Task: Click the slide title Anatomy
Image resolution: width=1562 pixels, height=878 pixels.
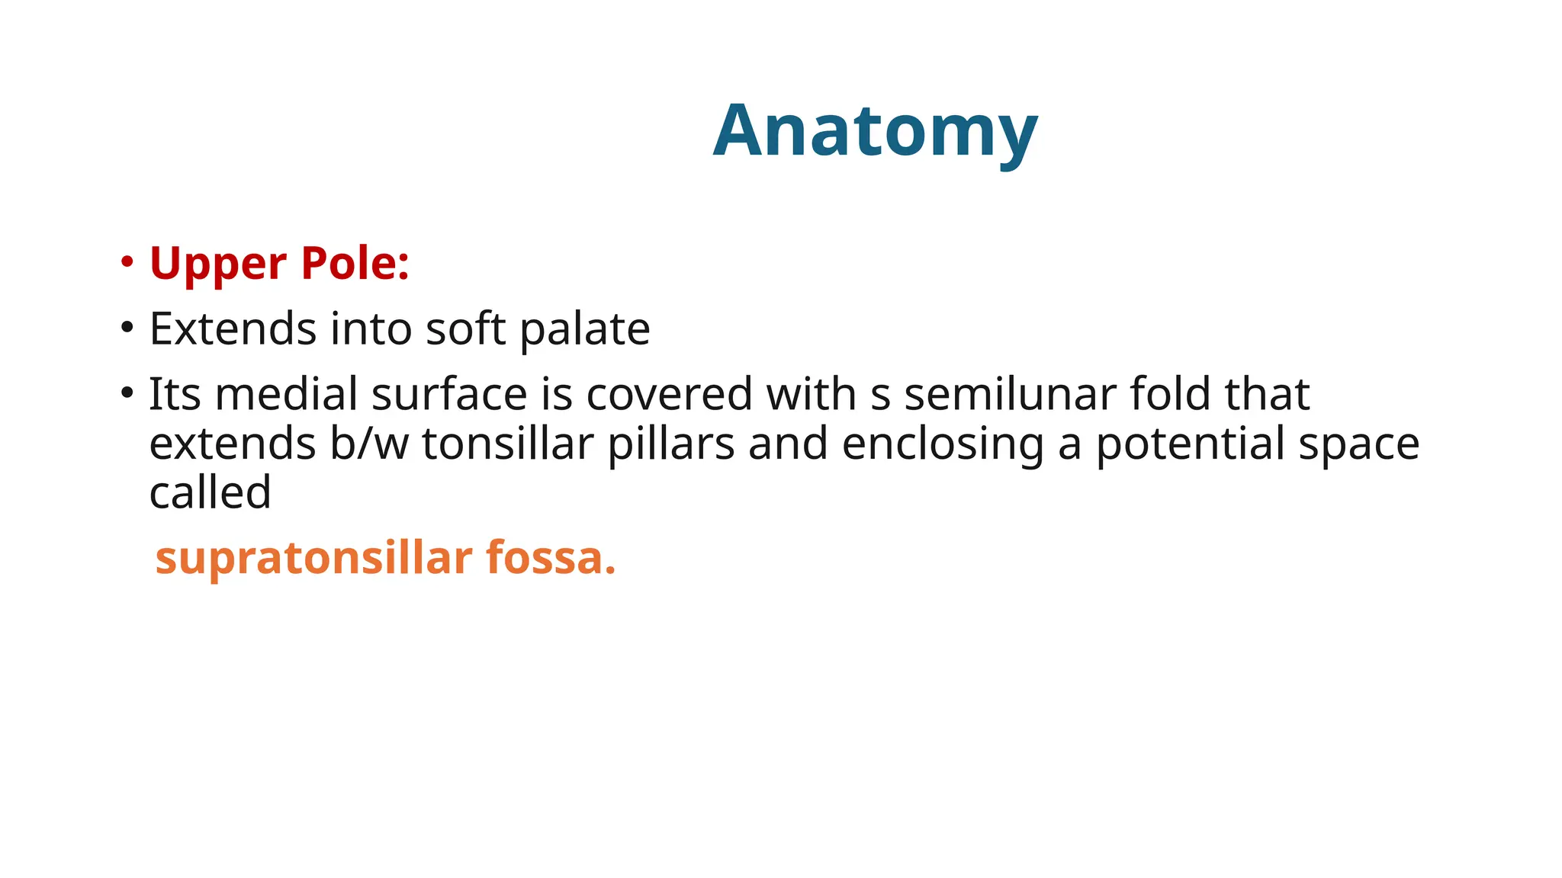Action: (x=875, y=131)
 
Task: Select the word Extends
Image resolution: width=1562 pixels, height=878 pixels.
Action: (x=233, y=329)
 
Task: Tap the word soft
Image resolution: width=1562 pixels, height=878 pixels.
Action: (x=465, y=329)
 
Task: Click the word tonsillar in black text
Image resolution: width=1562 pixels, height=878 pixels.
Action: (x=507, y=444)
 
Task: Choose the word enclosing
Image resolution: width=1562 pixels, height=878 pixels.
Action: (x=943, y=445)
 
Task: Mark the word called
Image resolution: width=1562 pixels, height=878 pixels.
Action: (x=210, y=492)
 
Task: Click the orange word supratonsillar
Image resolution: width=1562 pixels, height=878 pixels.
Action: (x=313, y=559)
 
